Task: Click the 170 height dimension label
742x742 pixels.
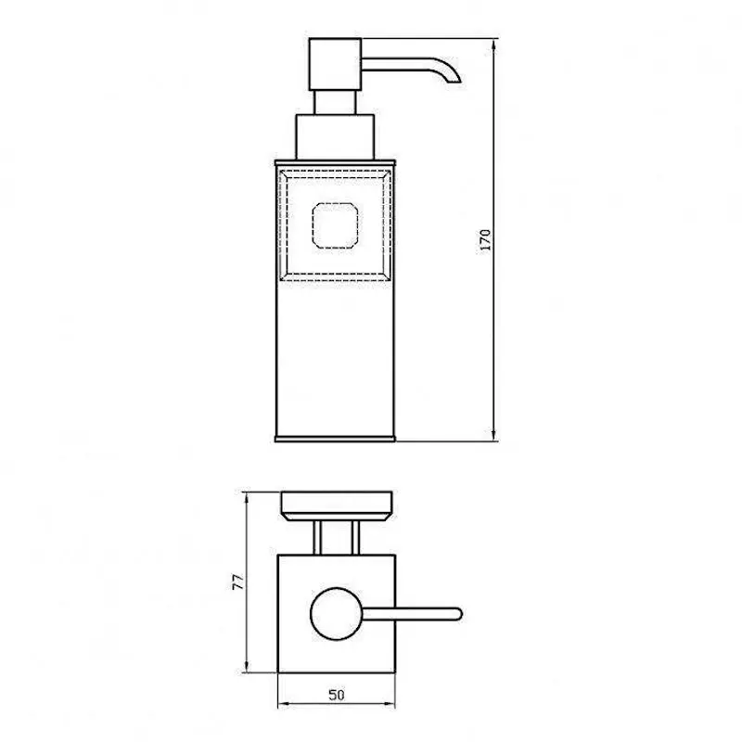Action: (x=485, y=239)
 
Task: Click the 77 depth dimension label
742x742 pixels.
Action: (x=238, y=582)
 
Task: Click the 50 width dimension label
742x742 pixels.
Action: (x=337, y=695)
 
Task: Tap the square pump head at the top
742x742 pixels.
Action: (x=335, y=64)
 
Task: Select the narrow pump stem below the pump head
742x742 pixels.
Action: (x=335, y=102)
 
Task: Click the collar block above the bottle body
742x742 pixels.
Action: (x=335, y=137)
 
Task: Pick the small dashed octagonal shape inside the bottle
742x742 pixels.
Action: (x=335, y=225)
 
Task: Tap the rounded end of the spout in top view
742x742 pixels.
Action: (x=457, y=614)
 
